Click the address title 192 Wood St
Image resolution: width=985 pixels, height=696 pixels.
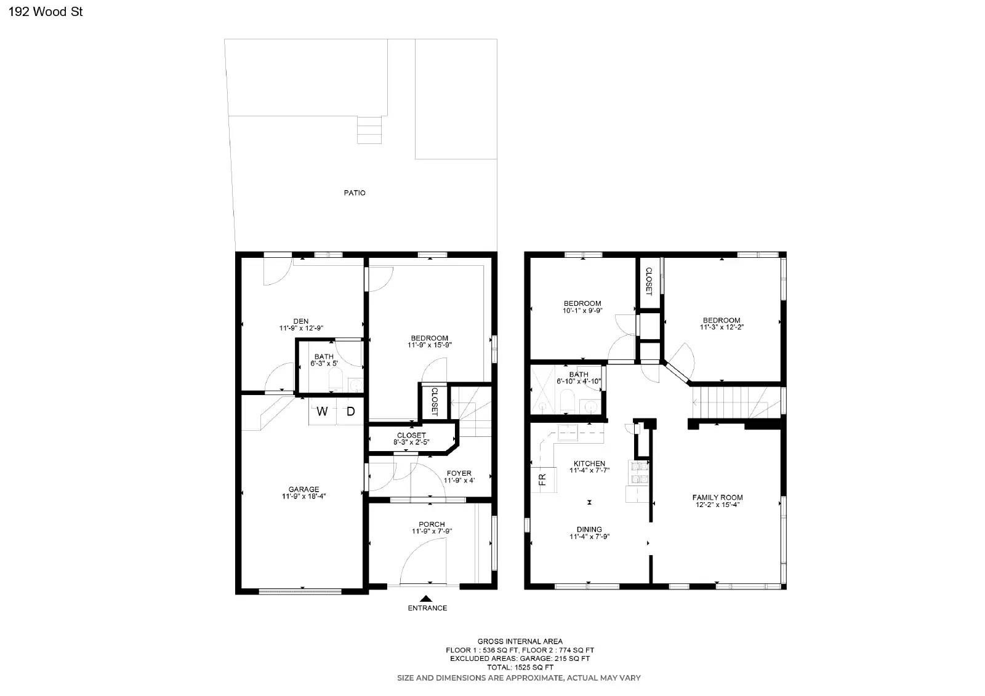click(x=46, y=12)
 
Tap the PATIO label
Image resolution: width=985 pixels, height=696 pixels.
click(x=355, y=193)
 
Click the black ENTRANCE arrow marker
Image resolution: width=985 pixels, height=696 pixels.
click(x=427, y=598)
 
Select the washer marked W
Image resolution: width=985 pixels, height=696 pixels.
click(x=322, y=412)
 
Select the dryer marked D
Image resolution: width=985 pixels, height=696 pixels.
click(x=350, y=412)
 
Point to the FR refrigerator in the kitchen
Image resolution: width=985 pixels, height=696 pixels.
click(x=542, y=479)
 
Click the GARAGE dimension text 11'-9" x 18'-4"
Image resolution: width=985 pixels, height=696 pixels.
click(x=304, y=496)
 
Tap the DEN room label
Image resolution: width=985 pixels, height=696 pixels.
click(x=301, y=321)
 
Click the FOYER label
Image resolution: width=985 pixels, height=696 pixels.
click(x=459, y=473)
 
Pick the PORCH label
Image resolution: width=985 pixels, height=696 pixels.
click(x=432, y=524)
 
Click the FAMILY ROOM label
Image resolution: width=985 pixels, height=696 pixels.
click(x=717, y=497)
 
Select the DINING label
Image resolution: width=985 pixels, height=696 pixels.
click(x=589, y=529)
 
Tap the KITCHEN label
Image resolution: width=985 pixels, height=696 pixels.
click(x=589, y=463)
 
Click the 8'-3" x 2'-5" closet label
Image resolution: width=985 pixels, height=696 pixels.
click(x=411, y=439)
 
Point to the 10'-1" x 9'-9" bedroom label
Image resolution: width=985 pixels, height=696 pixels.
click(x=582, y=307)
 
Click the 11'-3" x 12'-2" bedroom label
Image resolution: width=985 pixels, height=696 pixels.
click(x=722, y=324)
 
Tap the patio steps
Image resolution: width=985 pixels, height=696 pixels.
click(x=369, y=130)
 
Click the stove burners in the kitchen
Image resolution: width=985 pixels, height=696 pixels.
click(x=639, y=471)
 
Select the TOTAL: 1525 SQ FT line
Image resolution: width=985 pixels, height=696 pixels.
click(x=519, y=667)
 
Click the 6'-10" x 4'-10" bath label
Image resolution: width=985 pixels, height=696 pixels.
click(x=579, y=378)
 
